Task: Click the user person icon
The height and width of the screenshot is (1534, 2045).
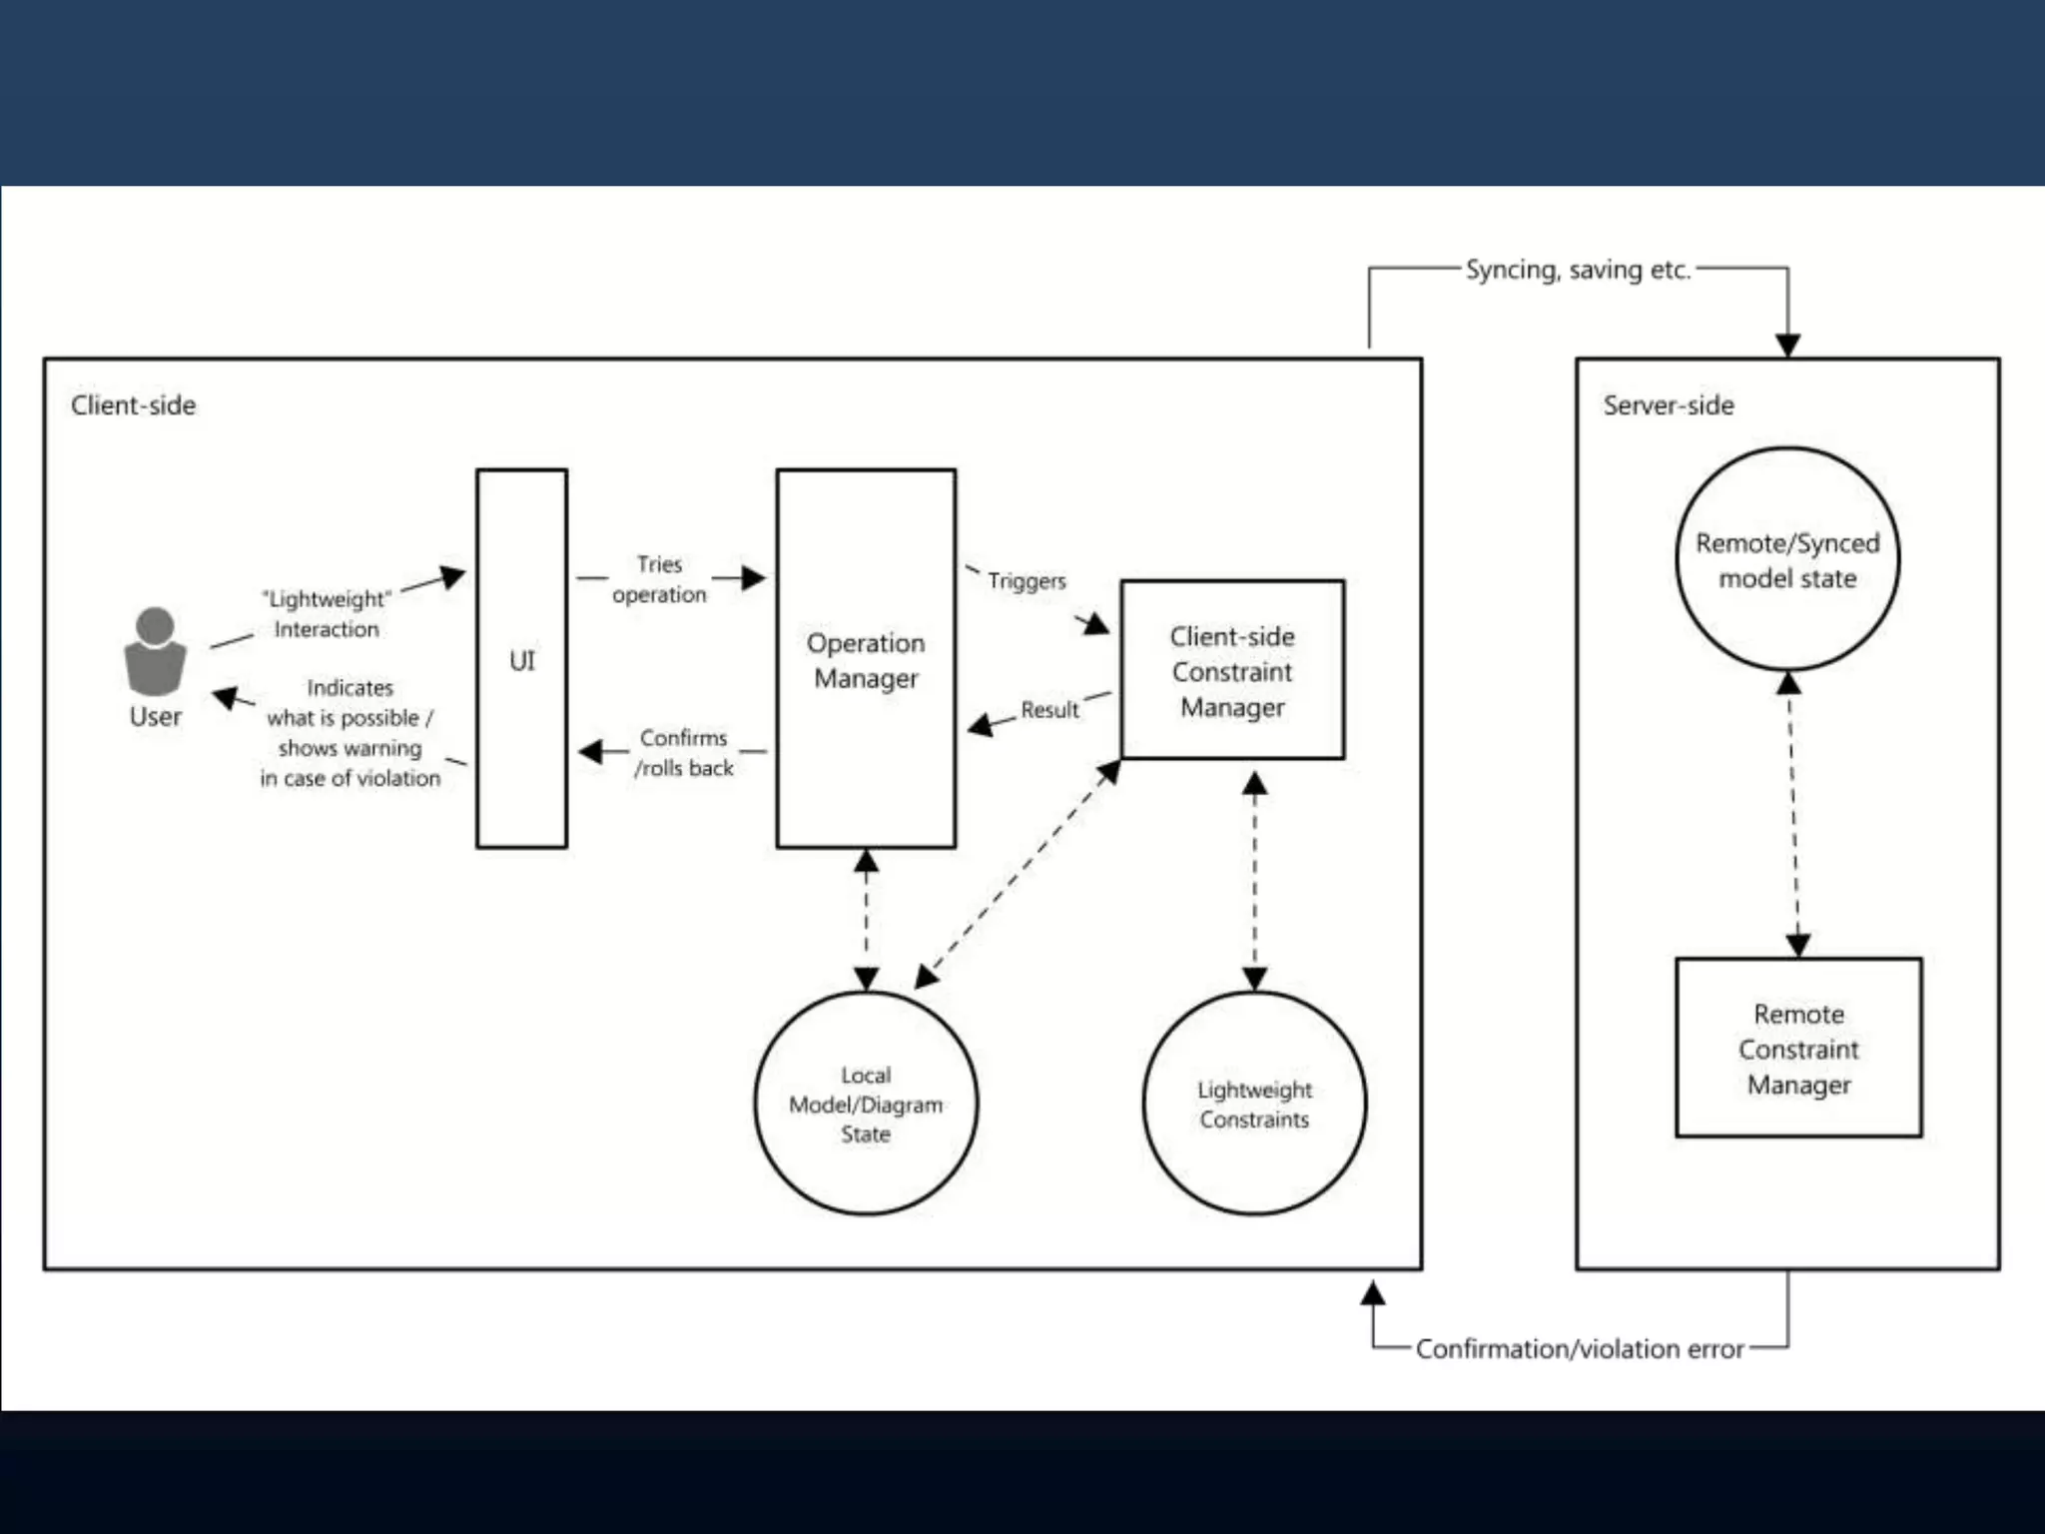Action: [x=155, y=651]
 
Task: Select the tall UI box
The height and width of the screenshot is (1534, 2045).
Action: [x=521, y=659]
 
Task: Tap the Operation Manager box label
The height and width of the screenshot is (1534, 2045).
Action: [x=866, y=660]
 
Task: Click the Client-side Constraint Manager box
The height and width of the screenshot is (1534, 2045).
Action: [x=1232, y=670]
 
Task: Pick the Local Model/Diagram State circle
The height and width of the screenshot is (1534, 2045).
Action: [x=866, y=1104]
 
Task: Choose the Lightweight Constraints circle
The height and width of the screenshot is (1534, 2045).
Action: [x=1254, y=1104]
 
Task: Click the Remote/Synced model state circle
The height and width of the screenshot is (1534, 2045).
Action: [x=1787, y=559]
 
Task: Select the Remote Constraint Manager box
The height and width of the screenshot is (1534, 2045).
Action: [x=1798, y=1048]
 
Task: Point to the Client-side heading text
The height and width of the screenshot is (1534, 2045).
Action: [x=133, y=405]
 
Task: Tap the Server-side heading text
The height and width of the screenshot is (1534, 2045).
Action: [x=1669, y=405]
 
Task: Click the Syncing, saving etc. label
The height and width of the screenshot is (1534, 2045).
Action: [x=1578, y=270]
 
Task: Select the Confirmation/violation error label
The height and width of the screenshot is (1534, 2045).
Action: [x=1580, y=1349]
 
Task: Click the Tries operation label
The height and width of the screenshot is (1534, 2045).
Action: [x=659, y=579]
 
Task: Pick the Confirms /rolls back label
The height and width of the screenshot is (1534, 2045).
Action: [x=684, y=753]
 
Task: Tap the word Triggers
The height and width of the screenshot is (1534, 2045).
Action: [x=1026, y=580]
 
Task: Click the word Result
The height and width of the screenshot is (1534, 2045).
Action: [x=1049, y=710]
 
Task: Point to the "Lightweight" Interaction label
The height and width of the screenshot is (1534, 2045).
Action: [x=327, y=613]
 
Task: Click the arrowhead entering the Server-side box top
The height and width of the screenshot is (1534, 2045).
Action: [x=1787, y=346]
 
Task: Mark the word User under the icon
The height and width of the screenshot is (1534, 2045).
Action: [x=155, y=717]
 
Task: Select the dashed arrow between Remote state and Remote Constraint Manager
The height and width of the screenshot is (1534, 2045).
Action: [x=1793, y=814]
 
